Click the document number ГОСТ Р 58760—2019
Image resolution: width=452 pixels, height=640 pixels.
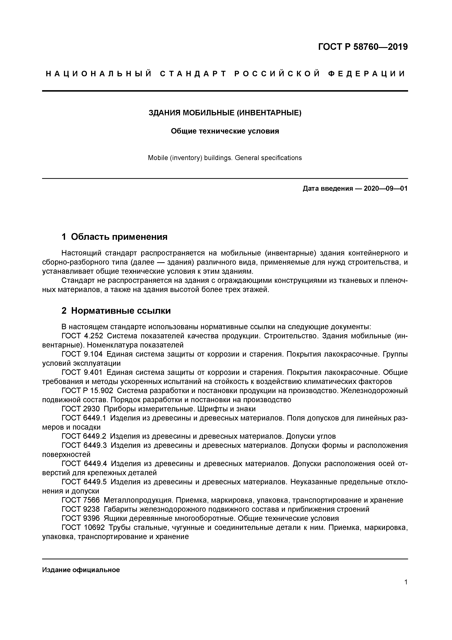pyautogui.click(x=363, y=47)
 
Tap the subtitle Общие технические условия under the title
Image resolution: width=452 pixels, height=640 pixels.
pyautogui.click(x=225, y=131)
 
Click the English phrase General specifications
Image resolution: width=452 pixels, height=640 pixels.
pyautogui.click(x=268, y=158)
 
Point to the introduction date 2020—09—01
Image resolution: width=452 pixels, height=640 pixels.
pyautogui.click(x=386, y=189)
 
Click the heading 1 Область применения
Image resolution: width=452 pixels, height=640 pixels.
pyautogui.click(x=114, y=237)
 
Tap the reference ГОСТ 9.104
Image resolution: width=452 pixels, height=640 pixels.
pyautogui.click(x=82, y=354)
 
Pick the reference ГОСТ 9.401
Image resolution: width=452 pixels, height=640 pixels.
pyautogui.click(x=82, y=372)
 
